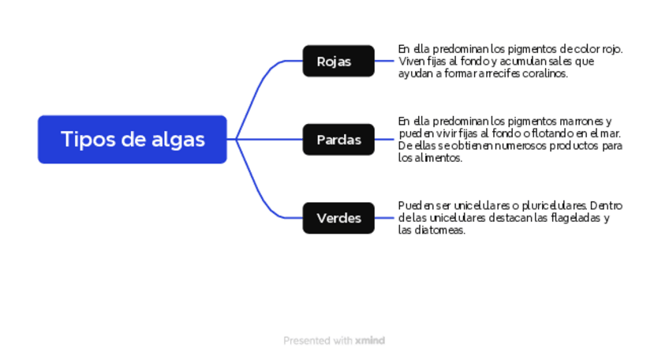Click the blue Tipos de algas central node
pos(133,140)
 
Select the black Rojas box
pos(338,61)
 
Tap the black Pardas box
pos(338,140)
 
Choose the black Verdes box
pos(338,218)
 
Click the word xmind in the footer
pos(370,341)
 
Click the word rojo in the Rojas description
pos(612,49)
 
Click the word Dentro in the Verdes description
pos(605,206)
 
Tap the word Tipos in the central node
pos(84,140)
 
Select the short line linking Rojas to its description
pos(385,61)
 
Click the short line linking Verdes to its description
pos(385,218)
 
